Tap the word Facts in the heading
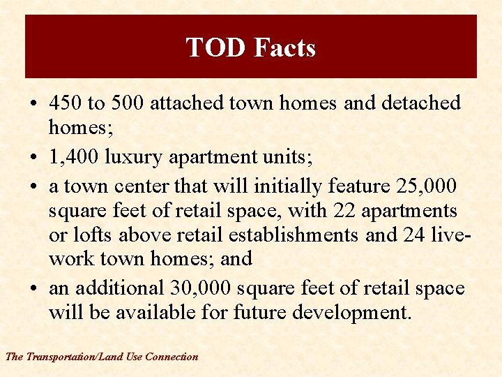284,47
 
